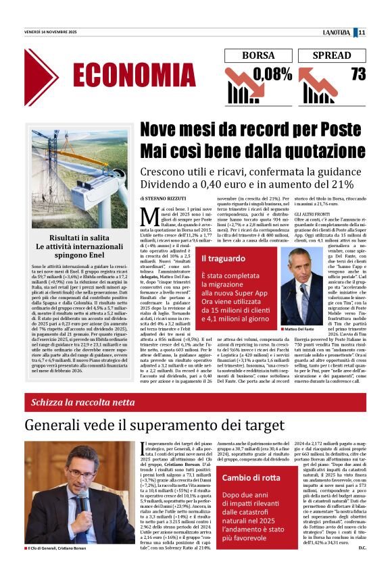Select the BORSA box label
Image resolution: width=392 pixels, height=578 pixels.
(258, 55)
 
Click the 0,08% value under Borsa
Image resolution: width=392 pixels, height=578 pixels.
(273, 74)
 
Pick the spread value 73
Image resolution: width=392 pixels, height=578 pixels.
(358, 73)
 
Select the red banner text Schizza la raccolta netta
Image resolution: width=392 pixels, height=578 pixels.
(82, 403)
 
